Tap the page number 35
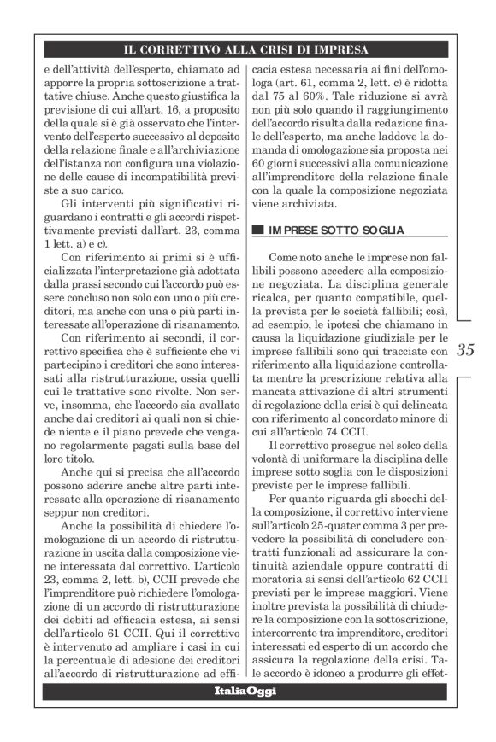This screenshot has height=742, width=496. [466, 348]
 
